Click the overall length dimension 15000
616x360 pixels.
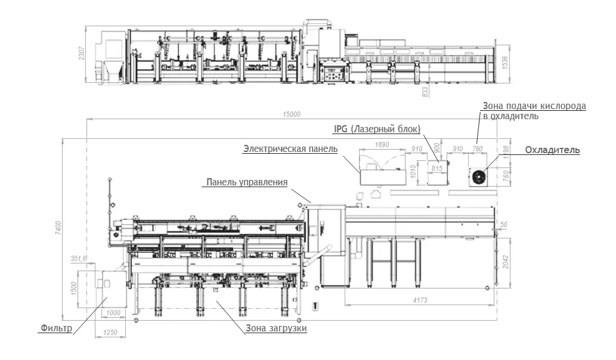tap(292, 114)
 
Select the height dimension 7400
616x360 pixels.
tap(58, 228)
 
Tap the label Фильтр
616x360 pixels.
tap(57, 328)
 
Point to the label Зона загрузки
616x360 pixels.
tap(276, 328)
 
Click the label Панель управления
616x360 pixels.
tap(247, 182)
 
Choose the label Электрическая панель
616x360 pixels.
tap(290, 149)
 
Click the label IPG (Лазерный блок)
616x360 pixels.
tap(377, 129)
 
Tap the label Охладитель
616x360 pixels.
tap(552, 150)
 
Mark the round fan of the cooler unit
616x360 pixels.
tap(479, 178)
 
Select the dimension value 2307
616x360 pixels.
tap(82, 53)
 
